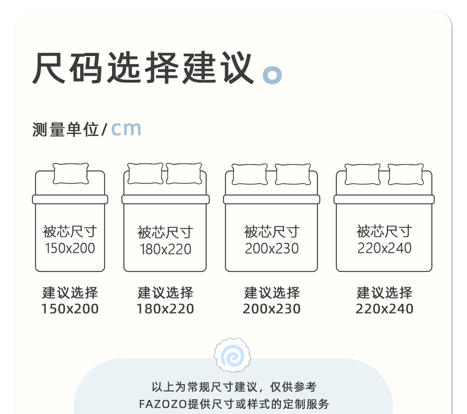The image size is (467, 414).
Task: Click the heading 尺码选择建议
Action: click(143, 68)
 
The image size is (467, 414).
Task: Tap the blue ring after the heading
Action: click(272, 74)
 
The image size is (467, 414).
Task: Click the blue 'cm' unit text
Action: click(126, 129)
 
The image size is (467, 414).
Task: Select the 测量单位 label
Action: click(65, 130)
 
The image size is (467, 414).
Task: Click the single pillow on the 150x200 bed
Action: click(71, 174)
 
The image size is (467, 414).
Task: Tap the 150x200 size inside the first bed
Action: click(70, 248)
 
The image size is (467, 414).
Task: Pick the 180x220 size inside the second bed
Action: click(165, 249)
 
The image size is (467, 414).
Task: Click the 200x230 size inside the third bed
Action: click(272, 249)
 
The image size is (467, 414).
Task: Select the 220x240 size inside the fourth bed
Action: click(384, 248)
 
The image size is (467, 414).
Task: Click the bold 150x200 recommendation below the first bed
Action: click(70, 309)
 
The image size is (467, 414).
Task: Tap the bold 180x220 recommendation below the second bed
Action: click(165, 309)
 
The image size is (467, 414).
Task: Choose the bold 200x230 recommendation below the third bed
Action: click(272, 309)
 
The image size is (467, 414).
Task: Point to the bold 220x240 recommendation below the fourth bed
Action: click(384, 309)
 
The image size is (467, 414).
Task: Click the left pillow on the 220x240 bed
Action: click(363, 174)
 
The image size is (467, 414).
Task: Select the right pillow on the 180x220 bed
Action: click(184, 173)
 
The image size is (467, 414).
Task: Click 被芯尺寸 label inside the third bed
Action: click(272, 232)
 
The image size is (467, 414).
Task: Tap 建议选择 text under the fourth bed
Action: click(384, 293)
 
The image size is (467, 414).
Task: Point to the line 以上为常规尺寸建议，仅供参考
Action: click(234, 387)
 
